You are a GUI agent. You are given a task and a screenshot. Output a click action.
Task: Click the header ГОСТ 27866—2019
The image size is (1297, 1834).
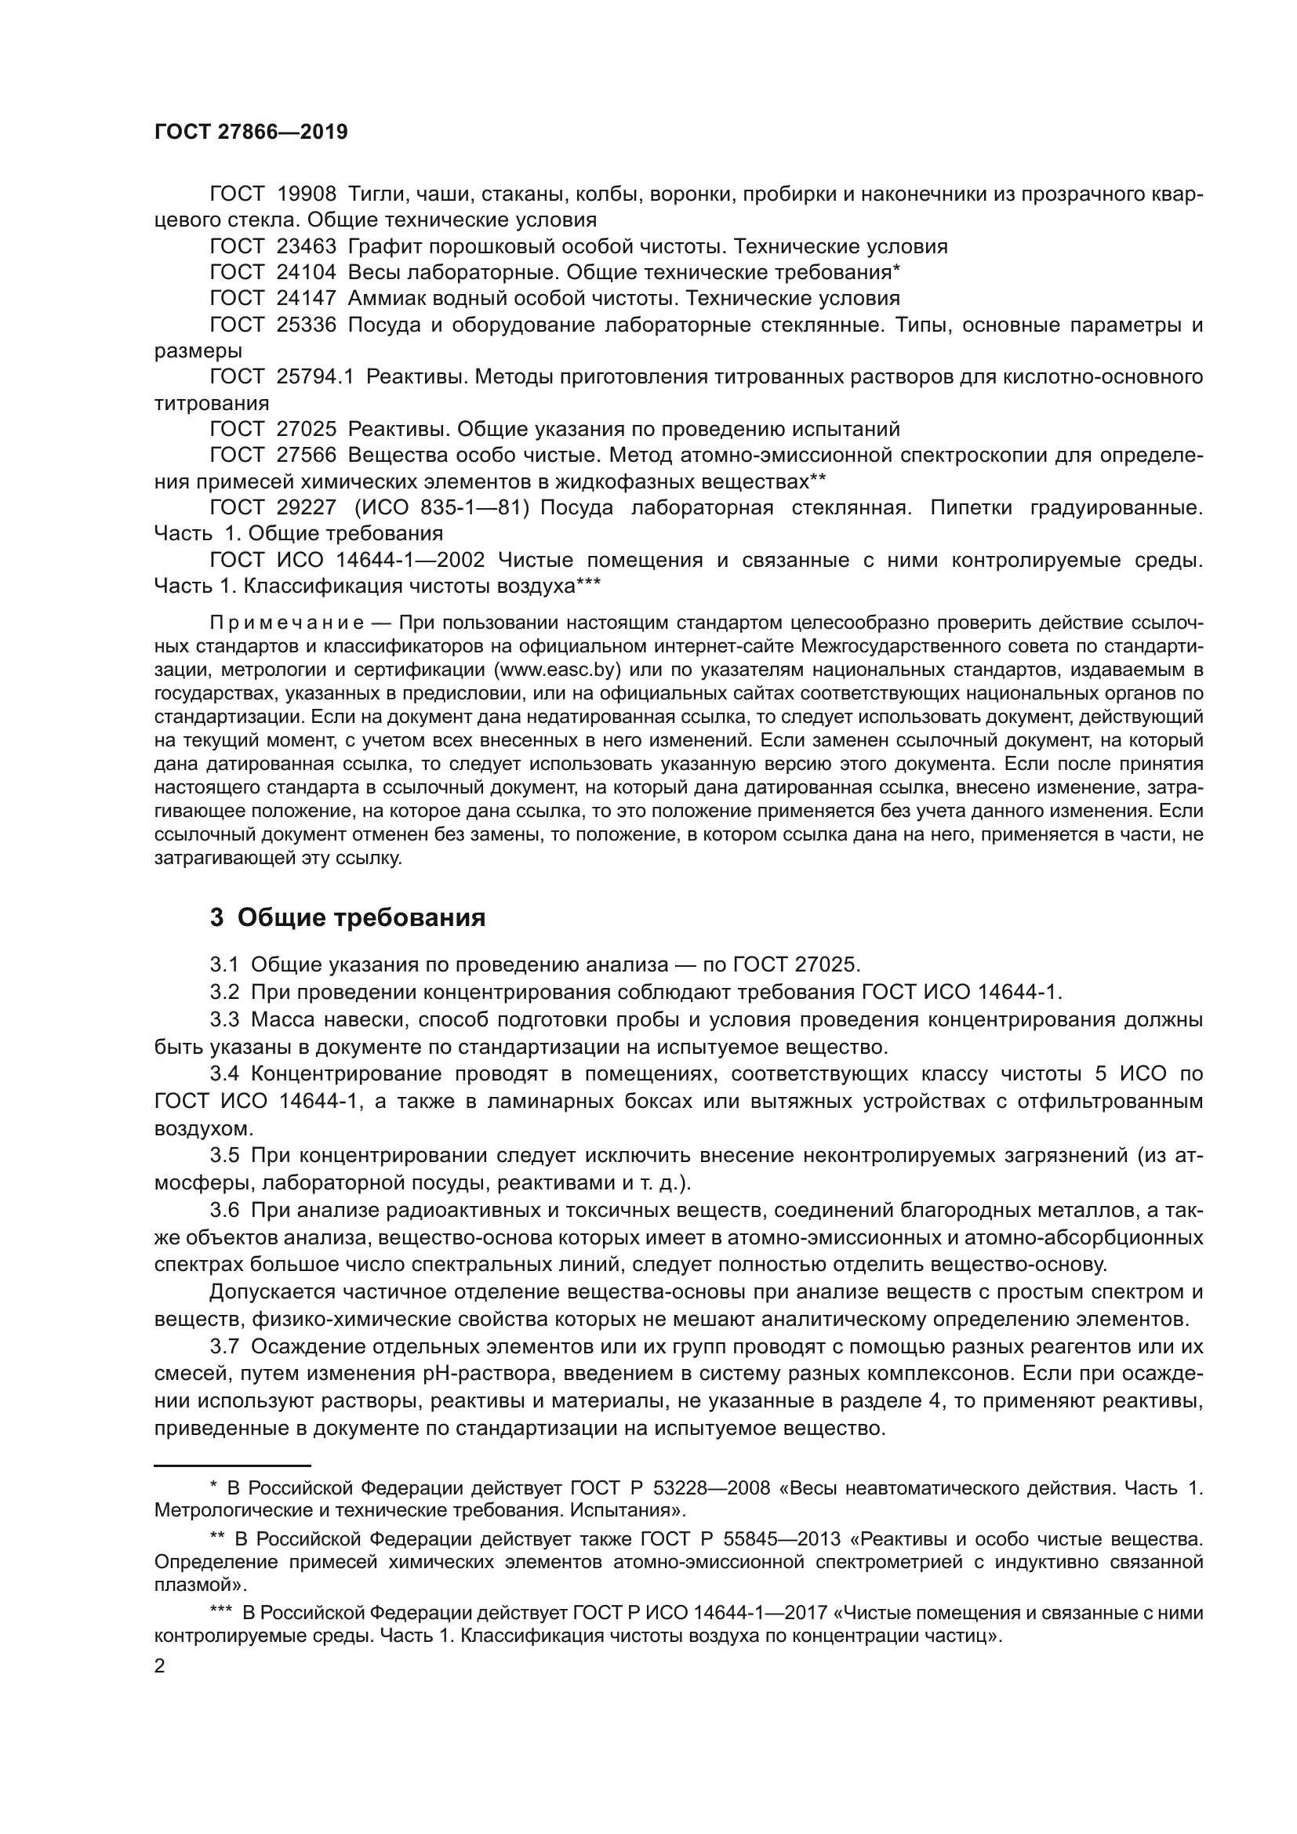click(251, 133)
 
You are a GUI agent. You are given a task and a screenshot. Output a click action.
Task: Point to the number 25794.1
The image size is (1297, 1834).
click(314, 377)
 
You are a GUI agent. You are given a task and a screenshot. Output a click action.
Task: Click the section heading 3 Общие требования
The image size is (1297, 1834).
click(347, 918)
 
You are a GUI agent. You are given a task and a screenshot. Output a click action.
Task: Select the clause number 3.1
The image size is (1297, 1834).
click(224, 965)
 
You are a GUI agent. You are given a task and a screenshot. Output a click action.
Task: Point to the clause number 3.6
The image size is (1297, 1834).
click(224, 1210)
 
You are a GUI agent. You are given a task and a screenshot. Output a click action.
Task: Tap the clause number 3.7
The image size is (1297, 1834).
click(224, 1347)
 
